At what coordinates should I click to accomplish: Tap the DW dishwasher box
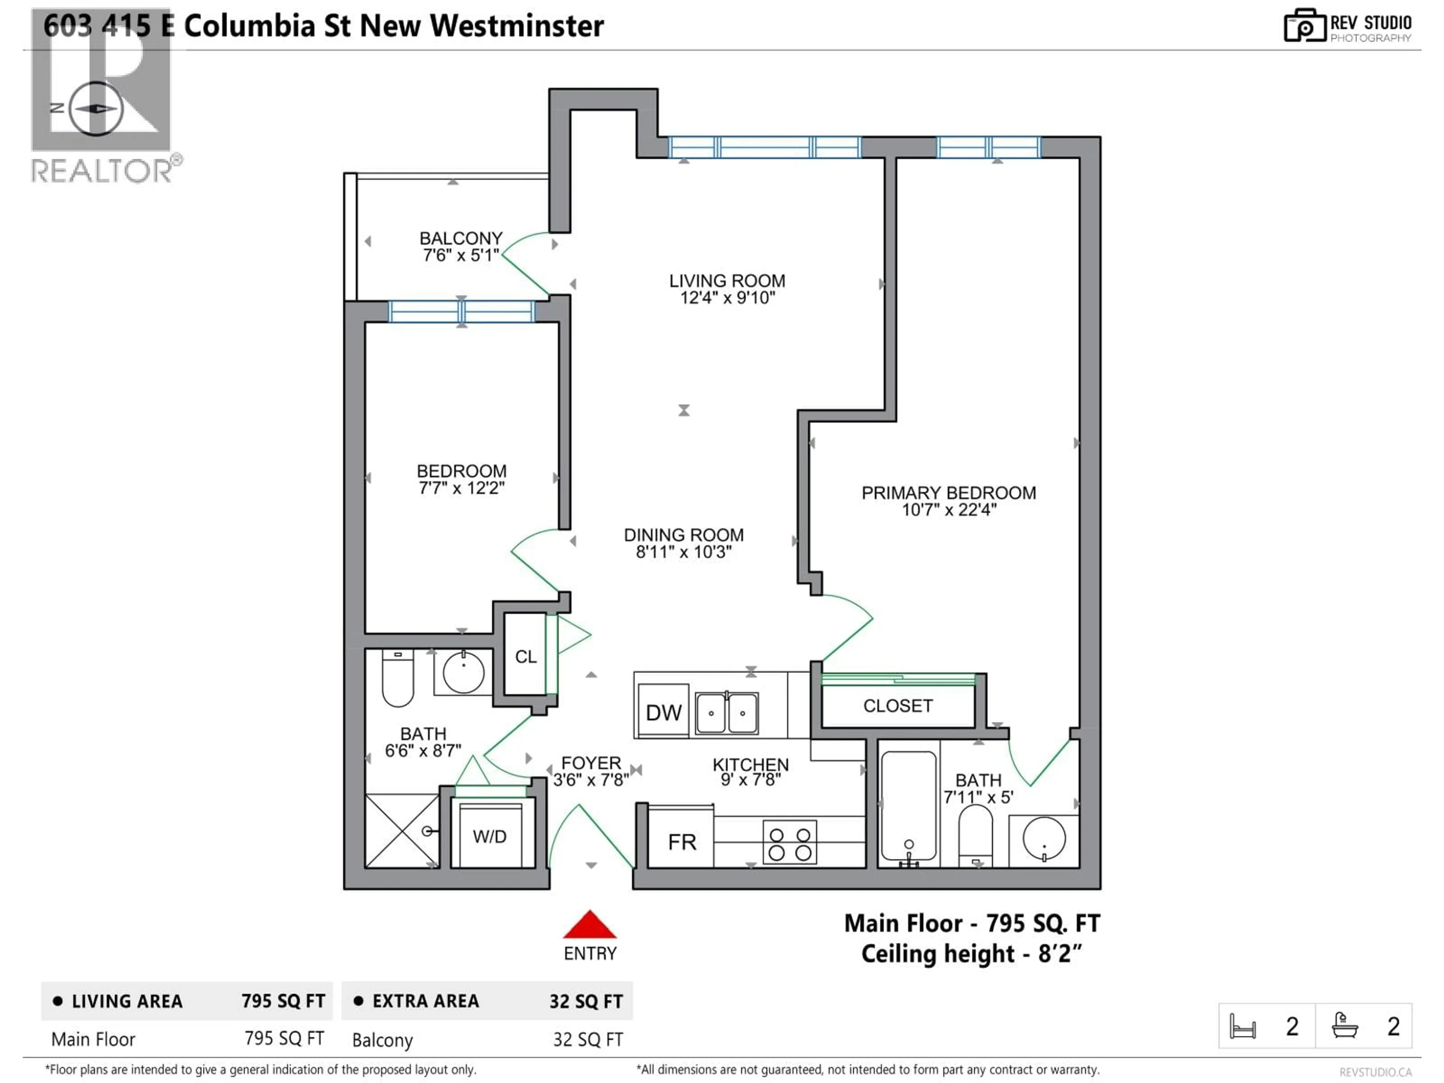[x=663, y=711]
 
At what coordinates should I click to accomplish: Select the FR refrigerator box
[x=681, y=842]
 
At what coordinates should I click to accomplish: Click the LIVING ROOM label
[x=727, y=281]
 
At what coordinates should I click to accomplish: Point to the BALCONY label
[x=461, y=238]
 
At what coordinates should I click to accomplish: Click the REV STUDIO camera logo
[x=1304, y=26]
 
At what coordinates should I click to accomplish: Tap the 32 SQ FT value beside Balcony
[x=587, y=1039]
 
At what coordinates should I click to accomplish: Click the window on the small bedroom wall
[x=461, y=311]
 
